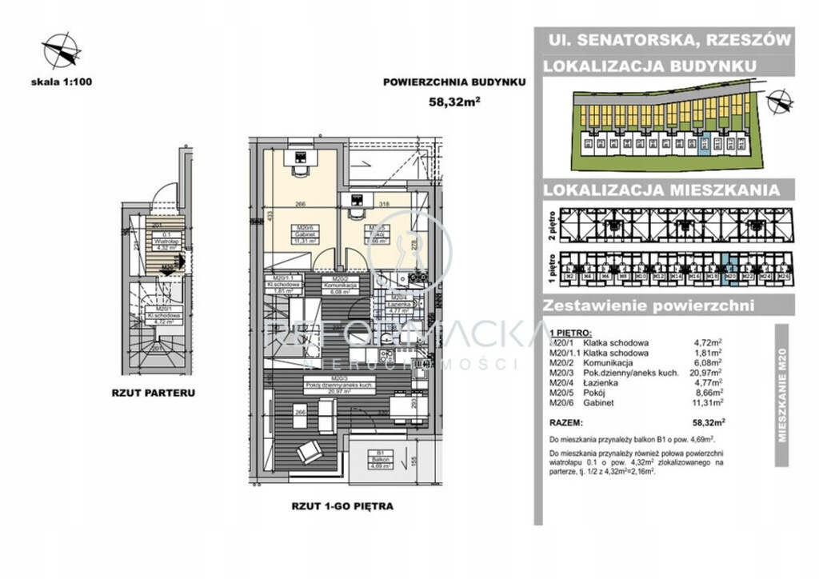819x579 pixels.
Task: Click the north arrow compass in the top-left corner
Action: (x=61, y=49)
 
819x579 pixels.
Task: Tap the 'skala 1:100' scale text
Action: (x=61, y=81)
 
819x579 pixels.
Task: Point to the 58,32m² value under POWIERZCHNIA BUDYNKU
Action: (x=453, y=101)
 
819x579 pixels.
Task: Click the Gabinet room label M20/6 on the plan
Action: (x=302, y=232)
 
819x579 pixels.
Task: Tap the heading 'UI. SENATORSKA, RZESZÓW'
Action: (x=669, y=39)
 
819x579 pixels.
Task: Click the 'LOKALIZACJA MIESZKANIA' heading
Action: (x=661, y=190)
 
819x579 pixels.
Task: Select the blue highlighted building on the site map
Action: (x=705, y=145)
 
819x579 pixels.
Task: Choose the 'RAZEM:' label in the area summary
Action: (x=567, y=419)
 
